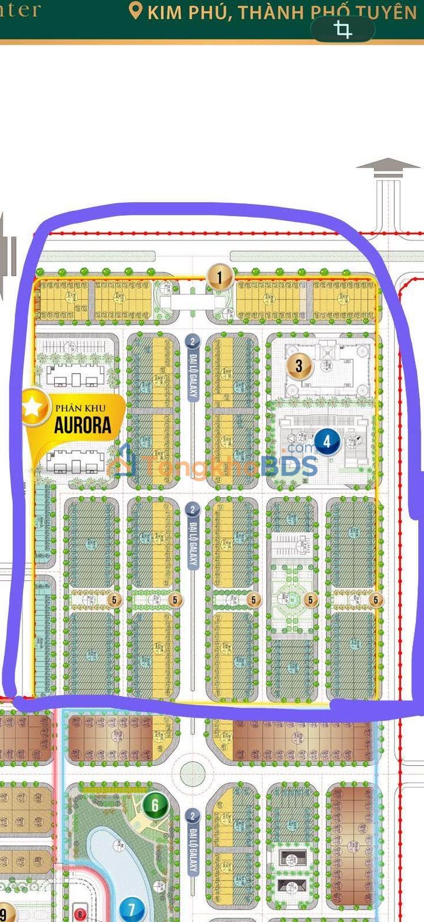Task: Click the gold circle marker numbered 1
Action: (220, 277)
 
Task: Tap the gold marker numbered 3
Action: (299, 366)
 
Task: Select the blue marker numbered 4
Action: (327, 441)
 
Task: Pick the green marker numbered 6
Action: (155, 805)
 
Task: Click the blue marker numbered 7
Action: (131, 910)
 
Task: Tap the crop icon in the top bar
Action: (343, 29)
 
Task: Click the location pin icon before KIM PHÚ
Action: (136, 11)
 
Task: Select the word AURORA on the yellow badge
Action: (83, 426)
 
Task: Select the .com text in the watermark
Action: (302, 450)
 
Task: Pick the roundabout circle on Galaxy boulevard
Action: (193, 773)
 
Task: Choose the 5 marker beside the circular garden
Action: (312, 600)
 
